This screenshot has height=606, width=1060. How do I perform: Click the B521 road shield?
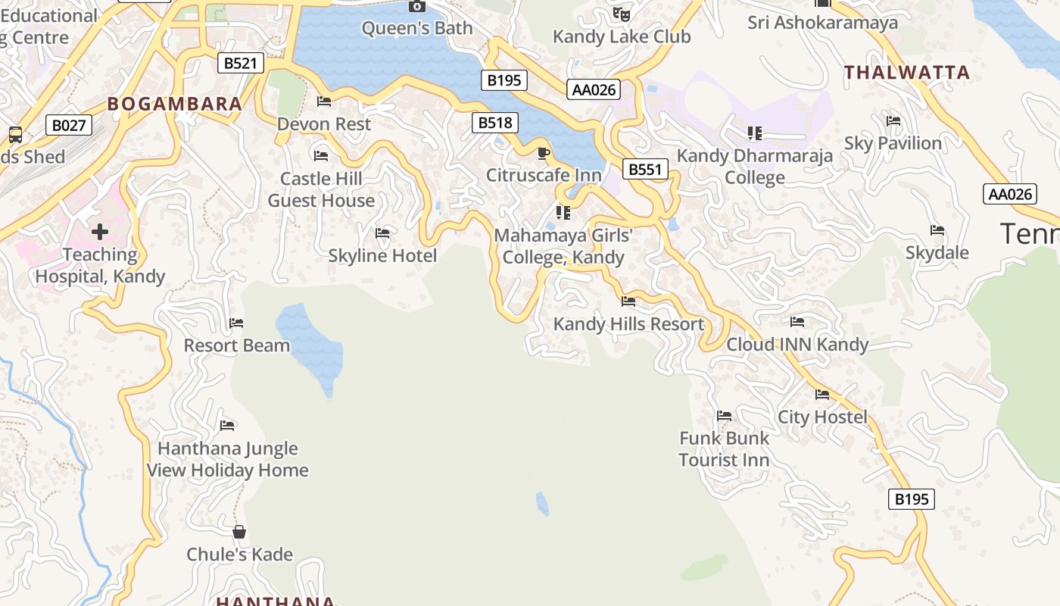pos(241,63)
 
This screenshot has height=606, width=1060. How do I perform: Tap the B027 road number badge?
pos(69,125)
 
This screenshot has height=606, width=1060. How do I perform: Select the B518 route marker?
pos(494,123)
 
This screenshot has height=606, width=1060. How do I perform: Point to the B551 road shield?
pos(646,169)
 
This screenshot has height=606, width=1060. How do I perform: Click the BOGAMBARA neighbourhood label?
pos(175,104)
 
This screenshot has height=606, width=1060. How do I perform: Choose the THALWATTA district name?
pos(907,73)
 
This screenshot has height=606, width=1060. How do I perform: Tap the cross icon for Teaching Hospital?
pos(100,231)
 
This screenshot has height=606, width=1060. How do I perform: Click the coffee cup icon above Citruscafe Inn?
pos(543,154)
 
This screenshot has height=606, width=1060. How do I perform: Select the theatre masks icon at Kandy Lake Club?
pos(621,14)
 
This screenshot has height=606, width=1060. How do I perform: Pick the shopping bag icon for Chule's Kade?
pos(239,532)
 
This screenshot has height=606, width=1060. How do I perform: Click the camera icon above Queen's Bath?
pos(416,7)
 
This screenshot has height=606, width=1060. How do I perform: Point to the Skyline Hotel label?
pos(382,256)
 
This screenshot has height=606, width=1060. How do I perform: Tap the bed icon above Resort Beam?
pos(236,323)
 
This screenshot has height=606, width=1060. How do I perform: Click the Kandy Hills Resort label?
pos(628,324)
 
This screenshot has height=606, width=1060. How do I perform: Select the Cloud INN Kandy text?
pos(797,345)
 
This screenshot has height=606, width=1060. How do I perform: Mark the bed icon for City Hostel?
pos(822,395)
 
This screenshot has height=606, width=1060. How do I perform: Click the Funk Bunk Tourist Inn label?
pos(724,448)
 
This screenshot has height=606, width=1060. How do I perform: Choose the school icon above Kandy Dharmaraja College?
pos(754,133)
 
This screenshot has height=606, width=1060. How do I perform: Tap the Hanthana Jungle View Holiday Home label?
pos(227,459)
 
